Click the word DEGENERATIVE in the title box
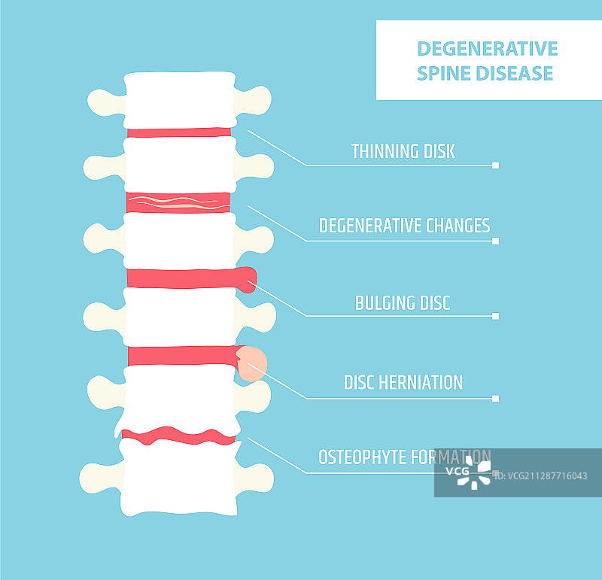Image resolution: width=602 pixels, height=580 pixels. tap(487, 49)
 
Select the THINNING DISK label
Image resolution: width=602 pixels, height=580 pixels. tap(403, 151)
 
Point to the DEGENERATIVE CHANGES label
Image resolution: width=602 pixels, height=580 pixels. tap(404, 226)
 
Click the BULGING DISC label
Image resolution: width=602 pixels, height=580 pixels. tap(403, 303)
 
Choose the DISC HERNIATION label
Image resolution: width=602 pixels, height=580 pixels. tap(403, 382)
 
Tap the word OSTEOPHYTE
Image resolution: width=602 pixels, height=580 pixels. tap(367, 457)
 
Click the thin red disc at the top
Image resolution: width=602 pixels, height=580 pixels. tap(179, 132)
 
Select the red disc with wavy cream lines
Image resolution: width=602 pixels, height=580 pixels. tap(178, 202)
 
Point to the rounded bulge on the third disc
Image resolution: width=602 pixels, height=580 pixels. tap(248, 278)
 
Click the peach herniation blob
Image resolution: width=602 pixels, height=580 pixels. tap(252, 364)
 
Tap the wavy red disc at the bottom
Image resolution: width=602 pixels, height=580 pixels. tap(178, 436)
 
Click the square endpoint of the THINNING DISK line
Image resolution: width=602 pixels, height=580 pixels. tap(495, 165)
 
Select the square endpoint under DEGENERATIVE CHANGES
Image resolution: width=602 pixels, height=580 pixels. tap(495, 241)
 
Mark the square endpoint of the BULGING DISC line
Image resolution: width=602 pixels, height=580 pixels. tap(495, 316)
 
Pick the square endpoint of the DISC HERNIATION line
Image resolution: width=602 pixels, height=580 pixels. tap(495, 398)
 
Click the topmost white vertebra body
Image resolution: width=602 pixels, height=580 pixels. tap(178, 100)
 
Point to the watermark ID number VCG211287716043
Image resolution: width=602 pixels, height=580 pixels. tap(546, 475)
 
